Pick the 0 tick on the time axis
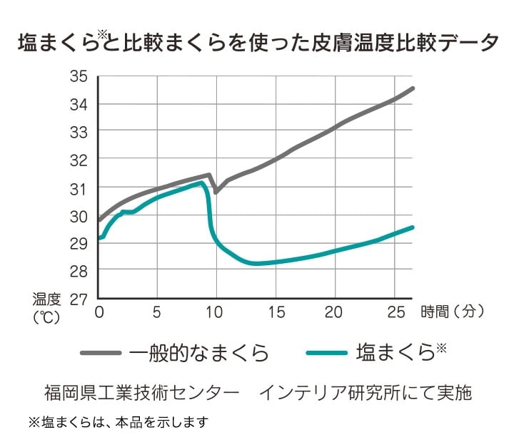(x=99, y=312)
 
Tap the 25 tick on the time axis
(x=392, y=312)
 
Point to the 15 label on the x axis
(x=276, y=312)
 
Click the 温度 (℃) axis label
(x=47, y=307)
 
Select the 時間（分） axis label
(x=453, y=312)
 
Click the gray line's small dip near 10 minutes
(x=216, y=192)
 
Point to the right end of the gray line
(x=413, y=88)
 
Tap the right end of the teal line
(x=413, y=227)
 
